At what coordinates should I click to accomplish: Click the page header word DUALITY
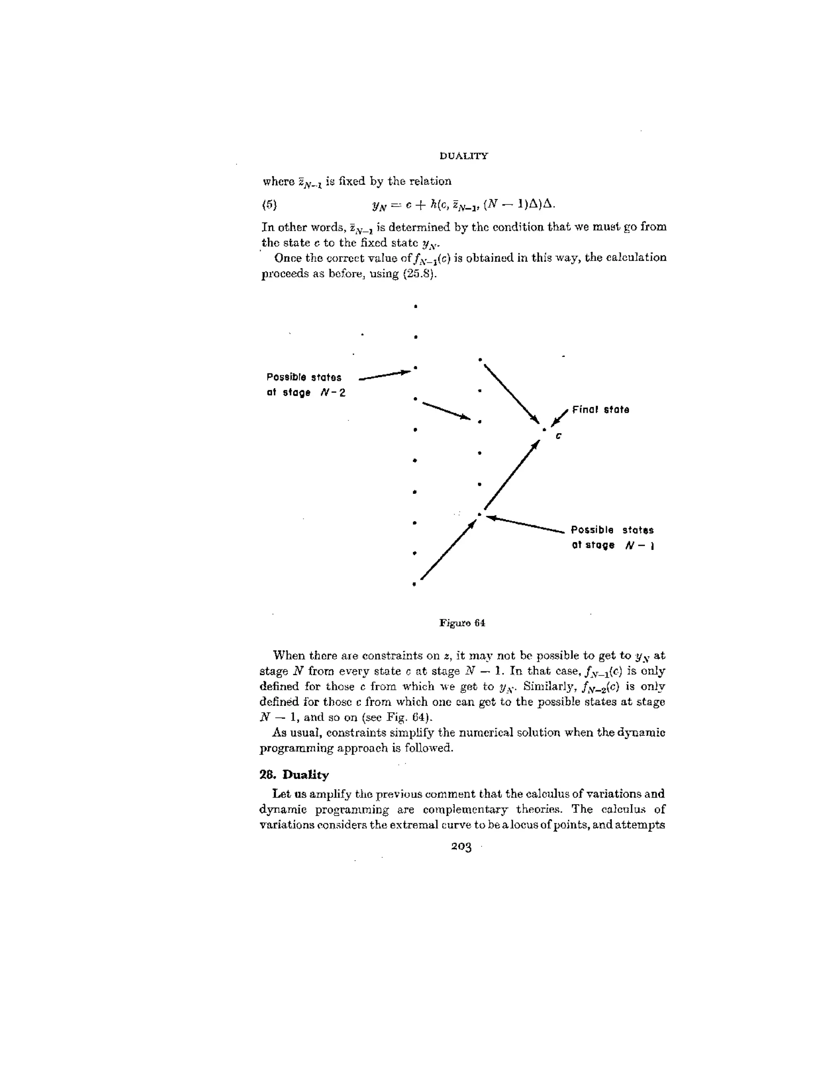463,156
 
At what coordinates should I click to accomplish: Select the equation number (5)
269,204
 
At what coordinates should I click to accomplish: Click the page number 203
461,847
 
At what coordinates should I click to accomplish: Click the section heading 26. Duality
294,775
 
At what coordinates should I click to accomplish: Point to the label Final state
600,410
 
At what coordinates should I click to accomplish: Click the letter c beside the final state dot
558,436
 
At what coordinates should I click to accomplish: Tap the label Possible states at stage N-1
612,538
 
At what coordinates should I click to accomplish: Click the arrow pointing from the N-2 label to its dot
385,375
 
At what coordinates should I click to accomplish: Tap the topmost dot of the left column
416,307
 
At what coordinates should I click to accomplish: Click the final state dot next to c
544,429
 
